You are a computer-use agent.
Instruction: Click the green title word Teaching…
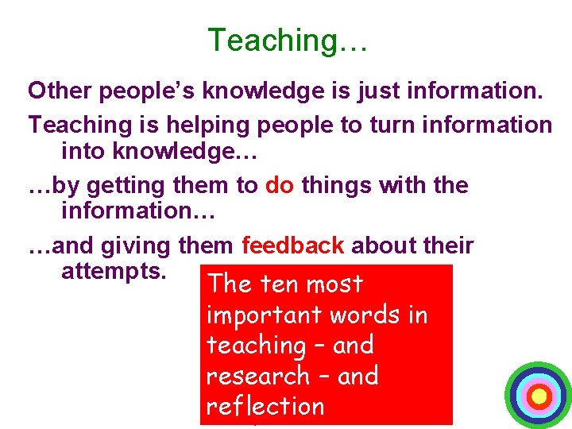coord(287,40)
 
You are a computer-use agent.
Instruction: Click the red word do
coord(279,186)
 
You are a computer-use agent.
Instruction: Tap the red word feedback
coord(292,246)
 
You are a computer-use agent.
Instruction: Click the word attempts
coord(114,271)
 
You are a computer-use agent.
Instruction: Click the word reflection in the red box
coord(265,406)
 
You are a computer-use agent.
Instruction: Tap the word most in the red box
coord(334,284)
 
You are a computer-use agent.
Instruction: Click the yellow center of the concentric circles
coord(539,395)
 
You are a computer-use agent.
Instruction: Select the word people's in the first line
coord(138,91)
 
